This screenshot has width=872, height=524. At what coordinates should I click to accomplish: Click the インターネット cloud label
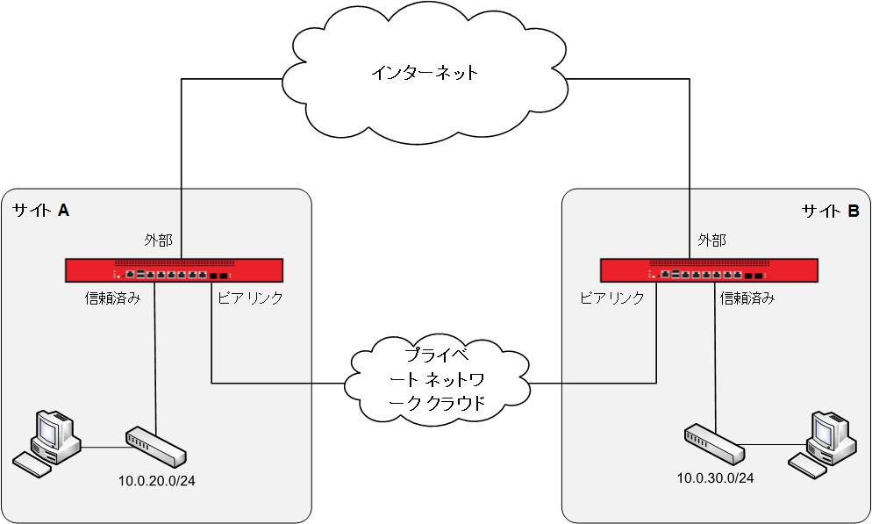tap(424, 72)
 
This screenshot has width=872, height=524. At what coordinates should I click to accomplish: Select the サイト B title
tap(830, 211)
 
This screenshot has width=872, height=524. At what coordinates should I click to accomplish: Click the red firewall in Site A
tap(174, 270)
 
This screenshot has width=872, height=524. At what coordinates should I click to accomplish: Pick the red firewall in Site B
tap(708, 270)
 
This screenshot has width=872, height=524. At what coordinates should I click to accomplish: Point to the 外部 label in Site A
tap(159, 239)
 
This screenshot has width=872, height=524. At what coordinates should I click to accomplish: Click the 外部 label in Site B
tap(711, 239)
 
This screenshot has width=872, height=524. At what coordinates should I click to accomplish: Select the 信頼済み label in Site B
tap(747, 298)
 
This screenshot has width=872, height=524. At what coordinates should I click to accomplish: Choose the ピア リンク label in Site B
tap(612, 298)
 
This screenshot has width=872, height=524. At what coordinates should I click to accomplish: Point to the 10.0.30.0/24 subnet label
tap(715, 477)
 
